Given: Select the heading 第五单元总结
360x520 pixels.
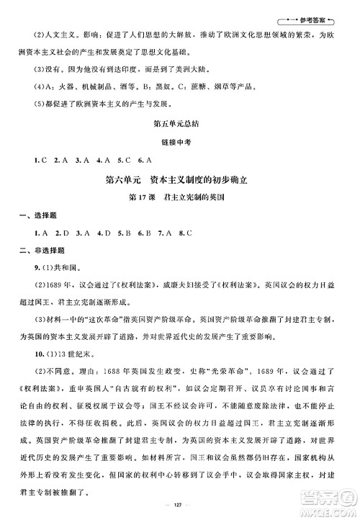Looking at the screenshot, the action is coord(179,124).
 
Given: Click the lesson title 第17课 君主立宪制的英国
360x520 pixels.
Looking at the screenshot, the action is coord(179,199).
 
